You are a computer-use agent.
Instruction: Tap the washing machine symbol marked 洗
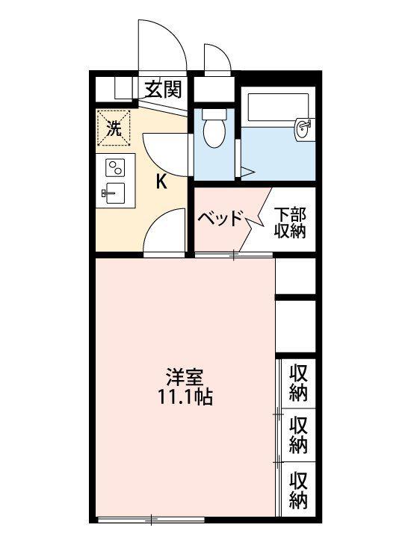click(114, 128)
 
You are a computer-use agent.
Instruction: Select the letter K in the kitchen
click(161, 183)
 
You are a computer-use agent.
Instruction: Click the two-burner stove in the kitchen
click(115, 167)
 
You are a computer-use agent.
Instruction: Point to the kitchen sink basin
click(115, 193)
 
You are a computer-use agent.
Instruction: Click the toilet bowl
click(214, 133)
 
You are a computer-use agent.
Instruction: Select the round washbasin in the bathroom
click(303, 129)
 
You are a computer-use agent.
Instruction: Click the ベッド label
click(220, 218)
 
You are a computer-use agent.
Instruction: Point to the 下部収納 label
click(290, 223)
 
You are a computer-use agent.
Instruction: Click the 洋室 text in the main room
click(184, 376)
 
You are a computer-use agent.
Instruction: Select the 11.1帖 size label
click(185, 396)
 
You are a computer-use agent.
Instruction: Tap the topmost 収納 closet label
click(298, 383)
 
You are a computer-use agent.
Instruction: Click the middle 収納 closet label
click(298, 435)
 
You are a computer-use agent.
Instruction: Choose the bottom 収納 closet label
click(298, 490)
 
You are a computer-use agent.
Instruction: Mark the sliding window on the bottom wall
click(151, 519)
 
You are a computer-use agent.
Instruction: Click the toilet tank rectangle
click(214, 114)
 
